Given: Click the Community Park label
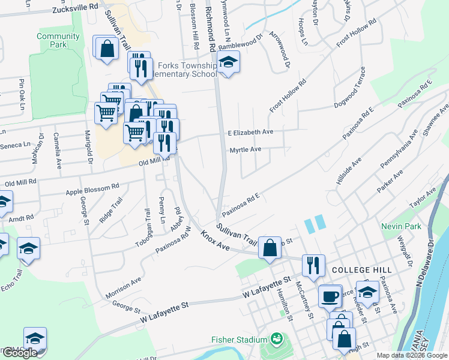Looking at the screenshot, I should coord(58,40).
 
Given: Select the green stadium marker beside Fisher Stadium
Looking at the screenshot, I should coord(276,340).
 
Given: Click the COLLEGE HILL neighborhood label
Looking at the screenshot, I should coord(357,270).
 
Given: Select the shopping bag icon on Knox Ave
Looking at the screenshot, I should coord(270,247).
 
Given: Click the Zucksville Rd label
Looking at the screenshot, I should coord(75,10).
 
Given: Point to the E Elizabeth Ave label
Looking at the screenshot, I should coord(250,132).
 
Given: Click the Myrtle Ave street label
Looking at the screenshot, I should coord(246,149).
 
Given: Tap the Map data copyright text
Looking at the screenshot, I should coord(412,355).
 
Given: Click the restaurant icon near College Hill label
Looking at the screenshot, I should coord(313,265).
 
